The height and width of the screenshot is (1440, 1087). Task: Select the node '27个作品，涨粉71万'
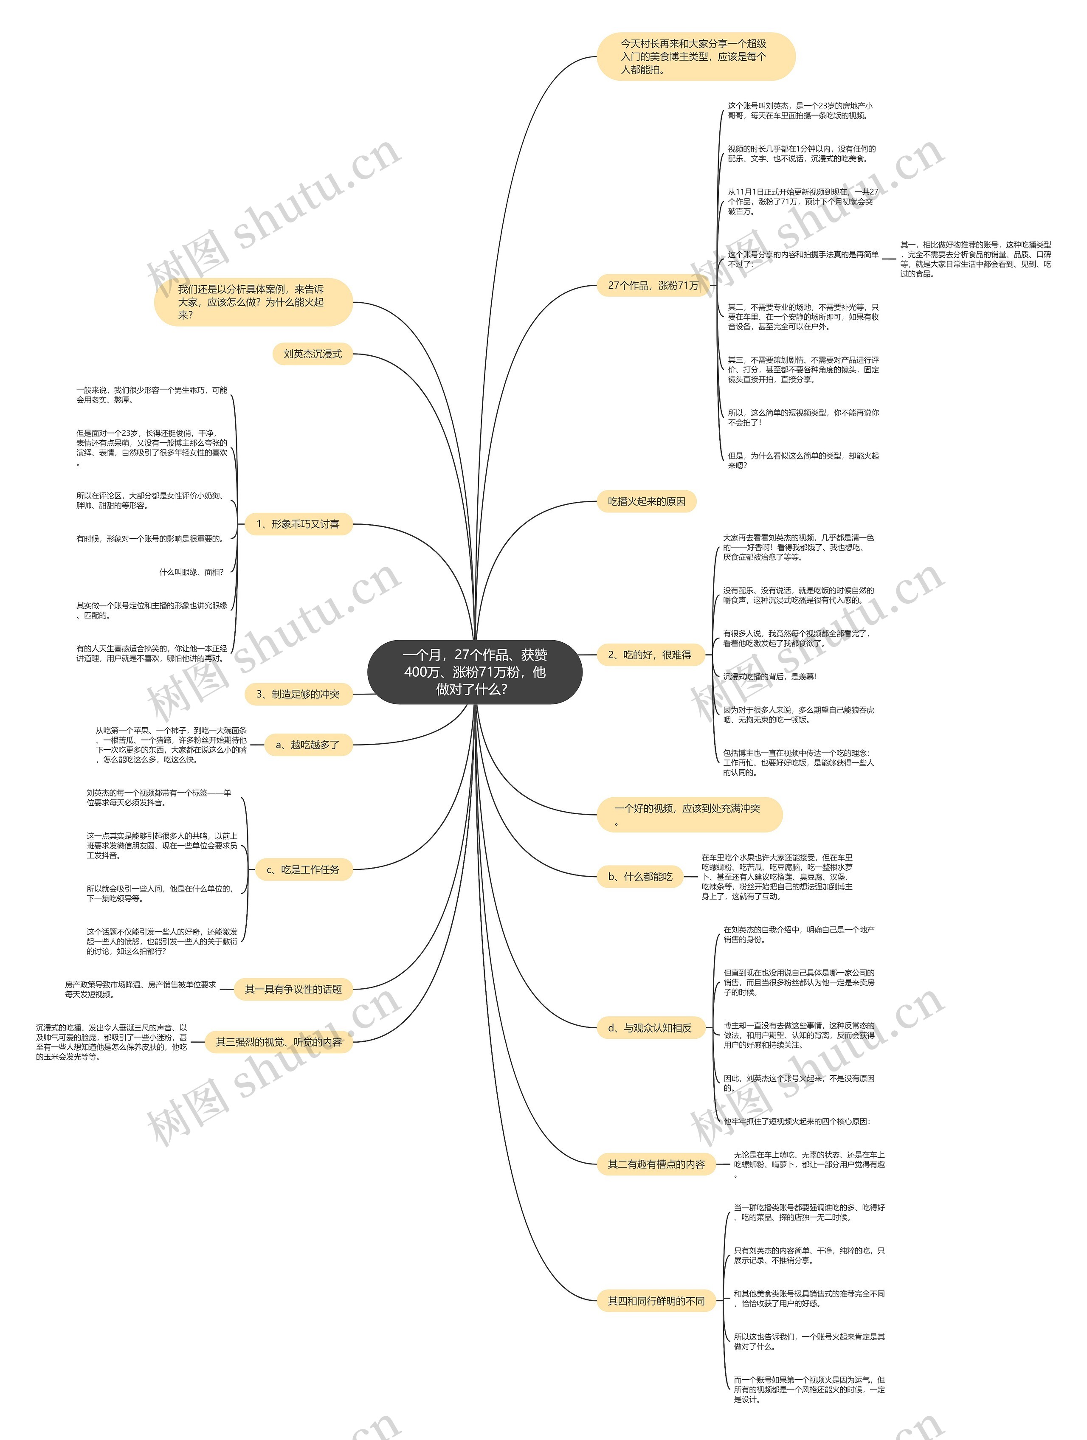click(x=653, y=285)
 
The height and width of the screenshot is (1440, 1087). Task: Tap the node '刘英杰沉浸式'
click(x=313, y=354)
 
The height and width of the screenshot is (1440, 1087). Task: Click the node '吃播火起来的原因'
click(x=646, y=501)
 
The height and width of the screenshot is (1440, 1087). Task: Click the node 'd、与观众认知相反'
click(x=649, y=1028)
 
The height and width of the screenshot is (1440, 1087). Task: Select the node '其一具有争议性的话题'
click(x=293, y=990)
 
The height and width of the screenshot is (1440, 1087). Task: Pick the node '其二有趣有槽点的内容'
click(x=656, y=1164)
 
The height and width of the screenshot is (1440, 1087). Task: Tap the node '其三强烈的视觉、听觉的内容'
click(x=279, y=1042)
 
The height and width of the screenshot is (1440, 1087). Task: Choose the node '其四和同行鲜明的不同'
click(x=656, y=1301)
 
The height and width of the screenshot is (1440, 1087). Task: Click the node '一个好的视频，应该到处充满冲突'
click(x=688, y=814)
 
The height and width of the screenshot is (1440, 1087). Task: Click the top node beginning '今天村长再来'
click(x=695, y=56)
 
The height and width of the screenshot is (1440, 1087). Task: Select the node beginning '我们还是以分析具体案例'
click(x=253, y=302)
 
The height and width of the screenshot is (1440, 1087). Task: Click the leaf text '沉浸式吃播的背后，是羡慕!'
click(x=769, y=677)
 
